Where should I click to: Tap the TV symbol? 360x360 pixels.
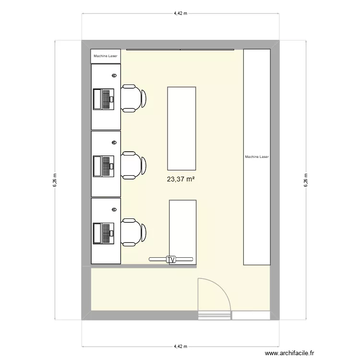pos(170,259)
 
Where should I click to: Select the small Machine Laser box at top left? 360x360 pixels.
pos(106,56)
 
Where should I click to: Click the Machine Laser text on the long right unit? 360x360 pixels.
pos(257,156)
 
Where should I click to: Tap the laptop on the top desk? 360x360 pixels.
pos(104,99)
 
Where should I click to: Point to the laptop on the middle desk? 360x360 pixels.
pos(104,166)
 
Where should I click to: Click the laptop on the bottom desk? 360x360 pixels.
pos(104,233)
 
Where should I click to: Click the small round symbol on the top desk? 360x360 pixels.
pos(114,75)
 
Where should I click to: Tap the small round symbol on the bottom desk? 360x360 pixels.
pos(114,209)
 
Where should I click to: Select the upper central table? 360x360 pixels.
pos(181,128)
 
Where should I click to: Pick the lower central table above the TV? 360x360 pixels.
pos(183,228)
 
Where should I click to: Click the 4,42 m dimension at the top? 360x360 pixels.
pos(180,13)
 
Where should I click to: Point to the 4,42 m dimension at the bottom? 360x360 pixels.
pos(180,346)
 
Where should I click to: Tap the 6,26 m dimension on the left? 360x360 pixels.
pos(55,180)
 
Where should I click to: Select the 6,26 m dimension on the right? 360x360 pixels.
pos(305,180)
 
